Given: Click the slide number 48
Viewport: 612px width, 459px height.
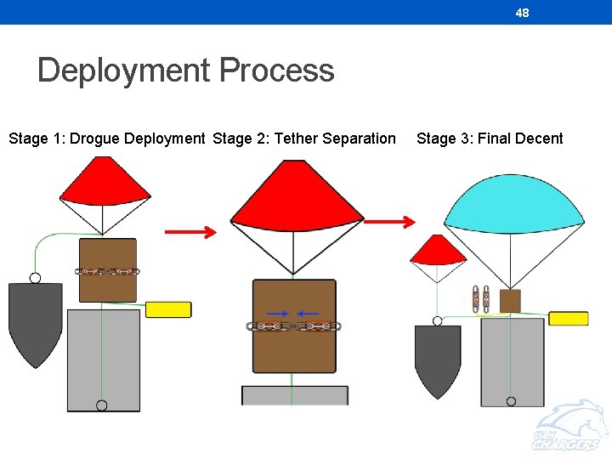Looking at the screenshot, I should pos(522,13).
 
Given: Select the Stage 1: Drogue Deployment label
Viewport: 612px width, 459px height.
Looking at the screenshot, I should pos(106,139).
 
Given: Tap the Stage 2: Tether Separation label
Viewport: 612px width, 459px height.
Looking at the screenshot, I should pos(304,139).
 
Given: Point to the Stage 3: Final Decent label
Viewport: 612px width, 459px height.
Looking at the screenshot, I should pos(490,139).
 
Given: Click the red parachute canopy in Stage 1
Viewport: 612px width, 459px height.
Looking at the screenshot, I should pos(104,183).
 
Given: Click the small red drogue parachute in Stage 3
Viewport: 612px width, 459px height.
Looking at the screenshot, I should pos(438,251).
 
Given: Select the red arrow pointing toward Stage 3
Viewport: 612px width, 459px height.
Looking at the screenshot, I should pos(389,221).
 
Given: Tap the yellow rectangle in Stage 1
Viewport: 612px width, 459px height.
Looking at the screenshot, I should pos(167,309).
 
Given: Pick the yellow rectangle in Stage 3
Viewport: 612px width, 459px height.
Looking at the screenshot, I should pos(568,319).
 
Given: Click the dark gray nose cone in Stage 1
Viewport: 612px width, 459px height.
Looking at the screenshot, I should pos(35,319).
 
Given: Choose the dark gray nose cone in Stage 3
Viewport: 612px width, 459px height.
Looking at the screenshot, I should pos(438,357).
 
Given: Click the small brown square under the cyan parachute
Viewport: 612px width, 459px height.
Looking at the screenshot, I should pos(510,300).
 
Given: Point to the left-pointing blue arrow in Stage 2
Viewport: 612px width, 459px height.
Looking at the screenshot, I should pos(308,314).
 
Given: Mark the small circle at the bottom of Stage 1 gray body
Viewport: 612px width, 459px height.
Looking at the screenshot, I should pos(102,405).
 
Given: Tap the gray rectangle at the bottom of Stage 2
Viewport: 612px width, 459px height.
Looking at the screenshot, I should pos(295,395).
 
